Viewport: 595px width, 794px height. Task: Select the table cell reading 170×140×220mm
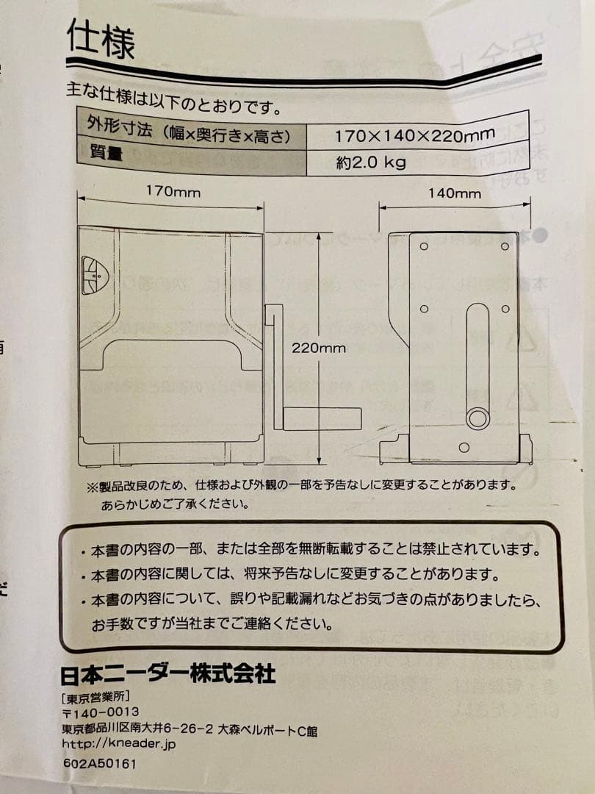pyautogui.click(x=414, y=135)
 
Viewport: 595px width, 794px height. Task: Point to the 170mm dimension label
pyautogui.click(x=172, y=192)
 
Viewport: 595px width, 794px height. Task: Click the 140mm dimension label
pyautogui.click(x=454, y=193)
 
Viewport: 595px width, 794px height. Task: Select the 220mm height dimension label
pyautogui.click(x=318, y=348)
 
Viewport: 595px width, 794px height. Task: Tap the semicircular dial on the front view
pyautogui.click(x=93, y=275)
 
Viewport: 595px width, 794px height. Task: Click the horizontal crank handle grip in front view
pyautogui.click(x=322, y=418)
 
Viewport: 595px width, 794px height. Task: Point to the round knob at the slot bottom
pyautogui.click(x=477, y=418)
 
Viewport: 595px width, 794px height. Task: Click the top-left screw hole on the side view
pyautogui.click(x=424, y=246)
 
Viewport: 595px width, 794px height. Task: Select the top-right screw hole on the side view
pyautogui.click(x=505, y=246)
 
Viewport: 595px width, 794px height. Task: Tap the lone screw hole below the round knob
pyautogui.click(x=463, y=447)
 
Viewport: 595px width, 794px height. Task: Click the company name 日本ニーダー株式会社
pyautogui.click(x=167, y=673)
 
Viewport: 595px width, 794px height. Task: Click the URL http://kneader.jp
pyautogui.click(x=119, y=743)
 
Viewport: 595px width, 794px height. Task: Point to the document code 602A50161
pyautogui.click(x=99, y=763)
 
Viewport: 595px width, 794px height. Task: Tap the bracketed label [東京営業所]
pyautogui.click(x=95, y=695)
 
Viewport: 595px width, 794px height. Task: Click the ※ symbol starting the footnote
pyautogui.click(x=92, y=486)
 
